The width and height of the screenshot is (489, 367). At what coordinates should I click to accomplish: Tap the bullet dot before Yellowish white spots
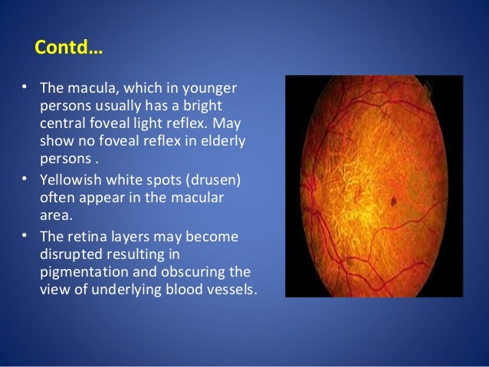coord(26,181)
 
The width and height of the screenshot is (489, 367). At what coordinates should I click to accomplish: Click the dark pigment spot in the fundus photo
coord(395,203)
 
